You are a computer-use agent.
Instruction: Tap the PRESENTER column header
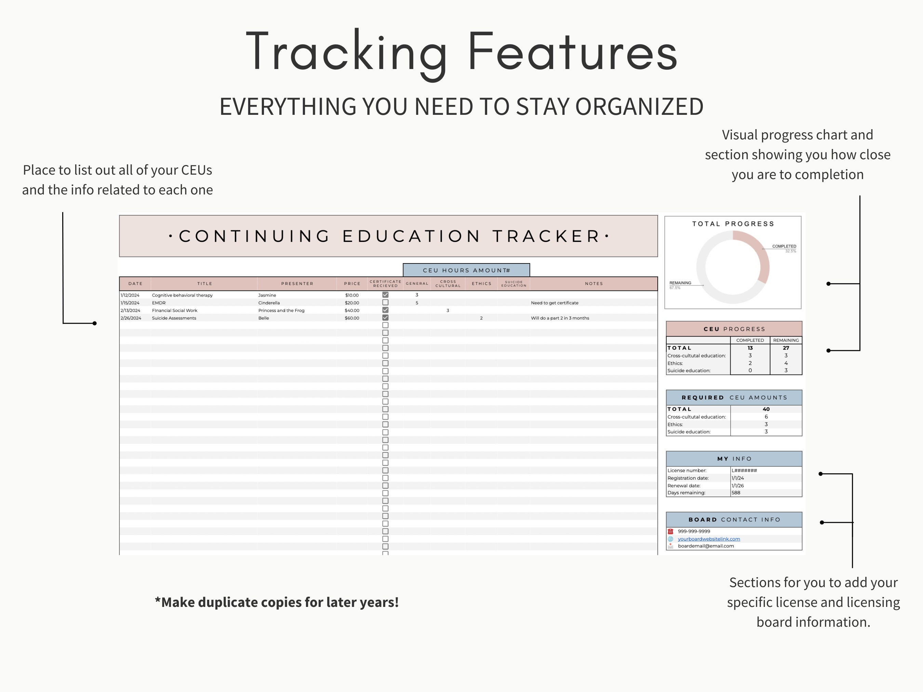pos(297,284)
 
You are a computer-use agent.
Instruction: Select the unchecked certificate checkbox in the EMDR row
pos(385,302)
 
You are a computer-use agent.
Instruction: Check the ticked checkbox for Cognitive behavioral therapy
pos(385,295)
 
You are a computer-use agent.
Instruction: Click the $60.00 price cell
pos(352,318)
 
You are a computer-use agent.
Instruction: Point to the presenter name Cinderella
pos(269,303)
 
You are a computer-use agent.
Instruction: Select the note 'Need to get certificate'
pos(554,303)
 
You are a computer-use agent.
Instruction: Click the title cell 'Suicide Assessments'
pos(174,318)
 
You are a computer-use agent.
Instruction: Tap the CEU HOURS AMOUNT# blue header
pos(466,270)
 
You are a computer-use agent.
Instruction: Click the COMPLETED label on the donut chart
pos(784,246)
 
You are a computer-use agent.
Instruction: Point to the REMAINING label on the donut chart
pos(680,283)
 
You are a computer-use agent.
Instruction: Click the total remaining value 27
pos(786,348)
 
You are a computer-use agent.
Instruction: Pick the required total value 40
pos(766,409)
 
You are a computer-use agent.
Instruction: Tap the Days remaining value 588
pos(736,493)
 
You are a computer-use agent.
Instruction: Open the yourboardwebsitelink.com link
pos(709,539)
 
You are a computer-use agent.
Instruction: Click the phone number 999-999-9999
pos(694,531)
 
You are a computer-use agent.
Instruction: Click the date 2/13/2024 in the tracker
pos(130,310)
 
